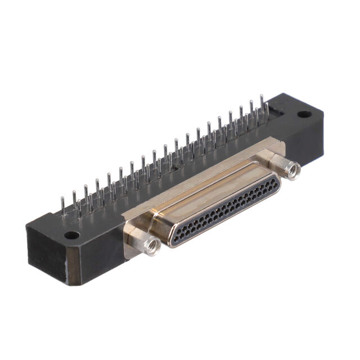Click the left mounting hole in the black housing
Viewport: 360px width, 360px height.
click(x=71, y=235)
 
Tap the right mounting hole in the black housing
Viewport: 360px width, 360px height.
click(x=304, y=114)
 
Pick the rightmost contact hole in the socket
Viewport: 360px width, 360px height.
click(x=273, y=182)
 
